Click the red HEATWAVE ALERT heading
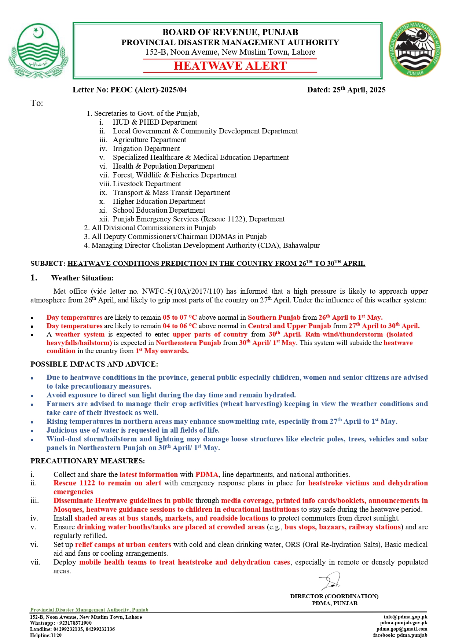click(230, 66)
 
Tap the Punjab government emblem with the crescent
click(38, 51)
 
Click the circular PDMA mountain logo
click(415, 49)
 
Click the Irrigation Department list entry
click(146, 148)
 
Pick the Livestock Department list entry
click(147, 184)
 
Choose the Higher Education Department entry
click(159, 201)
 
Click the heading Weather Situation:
click(82, 278)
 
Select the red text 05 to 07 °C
click(180, 317)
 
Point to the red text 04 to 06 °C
click(180, 326)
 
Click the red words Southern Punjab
click(274, 317)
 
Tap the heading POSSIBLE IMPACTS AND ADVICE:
click(94, 364)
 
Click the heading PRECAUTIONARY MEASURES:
click(88, 461)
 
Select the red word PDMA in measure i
click(206, 474)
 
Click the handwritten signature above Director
click(330, 581)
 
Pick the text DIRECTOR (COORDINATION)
click(334, 596)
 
